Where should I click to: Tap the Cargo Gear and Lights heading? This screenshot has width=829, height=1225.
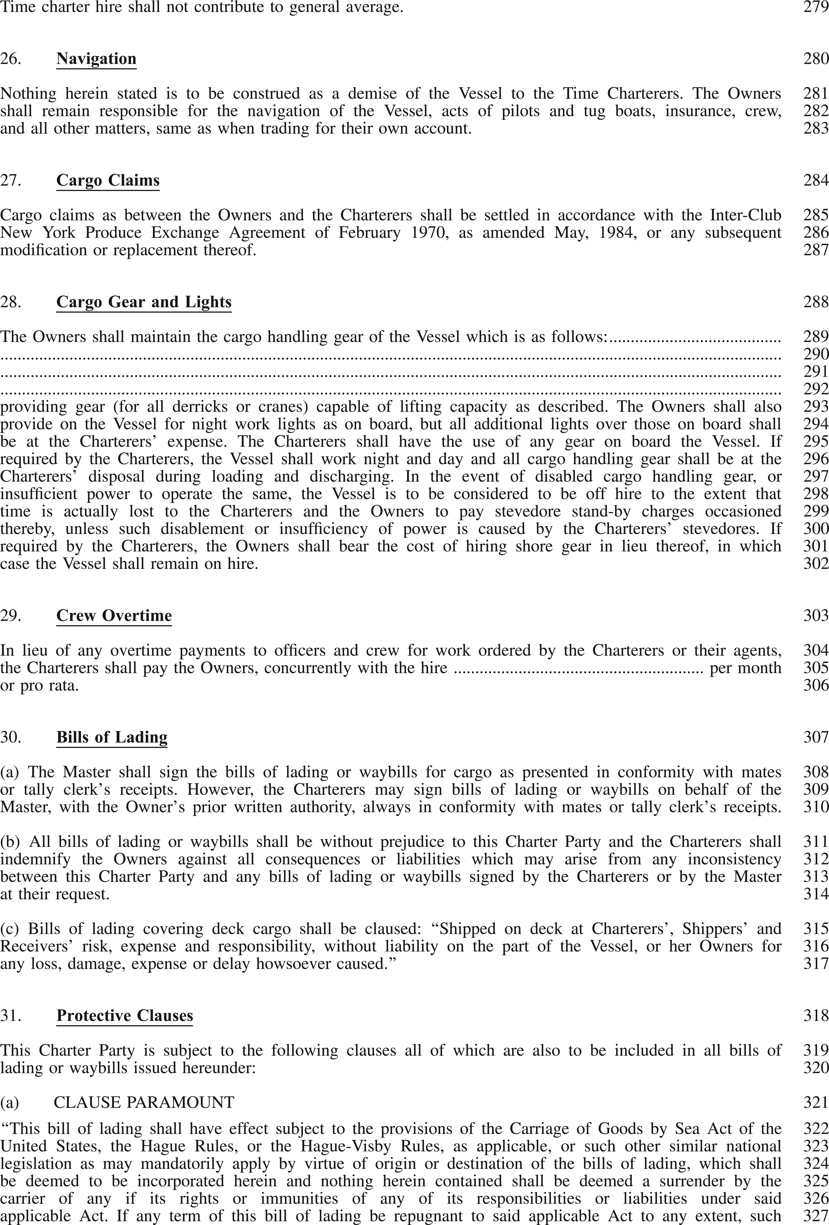pos(144,302)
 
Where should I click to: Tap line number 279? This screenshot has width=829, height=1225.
pos(816,7)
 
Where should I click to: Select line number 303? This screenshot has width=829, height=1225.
pos(816,616)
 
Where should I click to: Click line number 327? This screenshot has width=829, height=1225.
pos(816,1215)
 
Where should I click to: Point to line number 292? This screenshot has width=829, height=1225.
pos(816,389)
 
